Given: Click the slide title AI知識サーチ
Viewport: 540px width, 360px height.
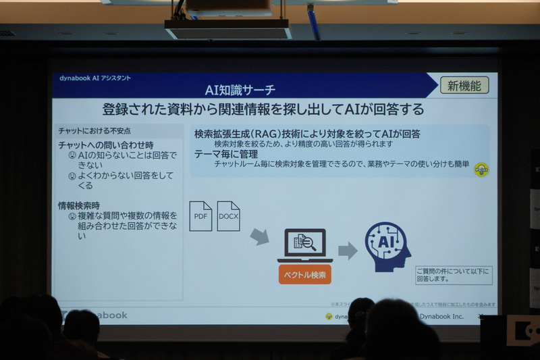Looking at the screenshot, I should [x=240, y=90].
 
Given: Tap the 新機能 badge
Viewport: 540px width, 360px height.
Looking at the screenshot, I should [x=464, y=85].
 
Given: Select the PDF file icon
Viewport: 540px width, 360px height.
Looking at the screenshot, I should [x=200, y=217].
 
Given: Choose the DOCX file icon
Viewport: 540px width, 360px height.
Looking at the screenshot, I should [x=229, y=217].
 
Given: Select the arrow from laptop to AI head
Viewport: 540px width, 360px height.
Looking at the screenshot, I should [x=347, y=251].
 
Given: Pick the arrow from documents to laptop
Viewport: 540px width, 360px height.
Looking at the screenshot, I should [x=259, y=237].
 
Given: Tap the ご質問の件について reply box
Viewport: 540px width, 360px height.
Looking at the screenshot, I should [x=454, y=275].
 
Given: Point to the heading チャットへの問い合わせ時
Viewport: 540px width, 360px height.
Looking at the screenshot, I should [x=106, y=145].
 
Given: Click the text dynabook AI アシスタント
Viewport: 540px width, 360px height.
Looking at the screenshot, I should [x=94, y=78].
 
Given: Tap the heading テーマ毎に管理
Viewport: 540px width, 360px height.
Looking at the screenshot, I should [x=226, y=154].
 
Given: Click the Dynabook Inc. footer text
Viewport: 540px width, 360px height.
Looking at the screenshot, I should [x=441, y=315].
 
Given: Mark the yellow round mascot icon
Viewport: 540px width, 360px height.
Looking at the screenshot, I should [x=481, y=169].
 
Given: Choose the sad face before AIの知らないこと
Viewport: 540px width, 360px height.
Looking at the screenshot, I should [x=72, y=155].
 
